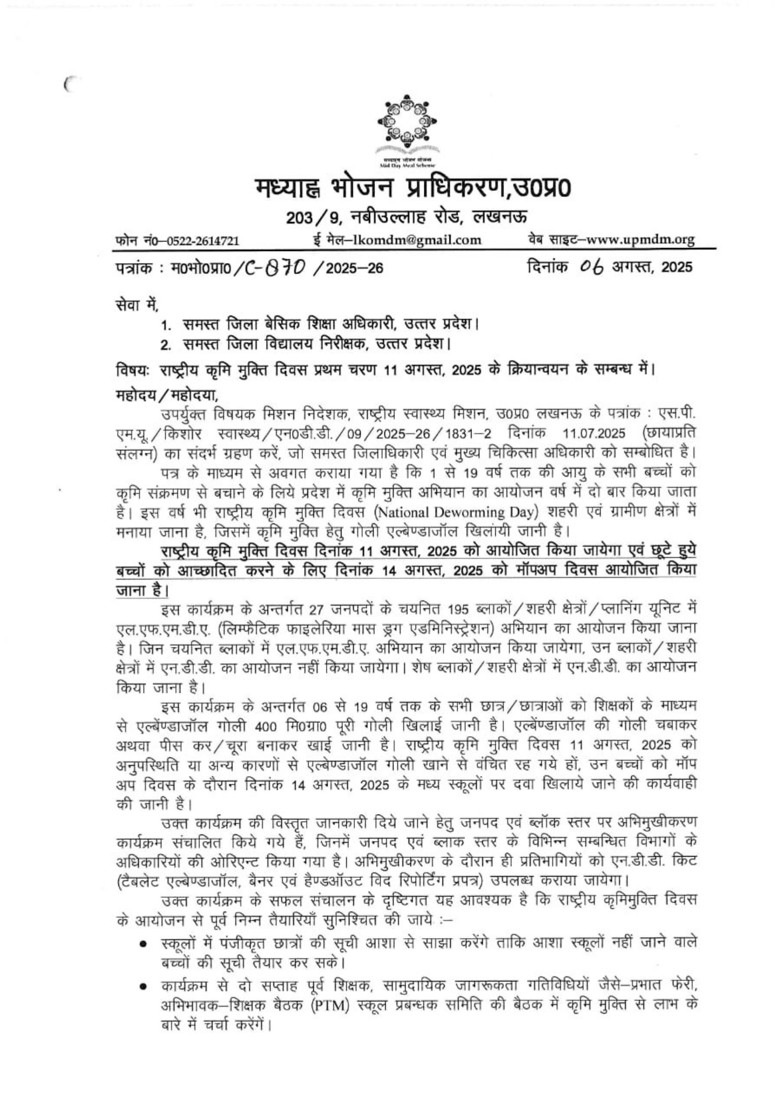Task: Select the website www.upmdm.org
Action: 644,239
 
